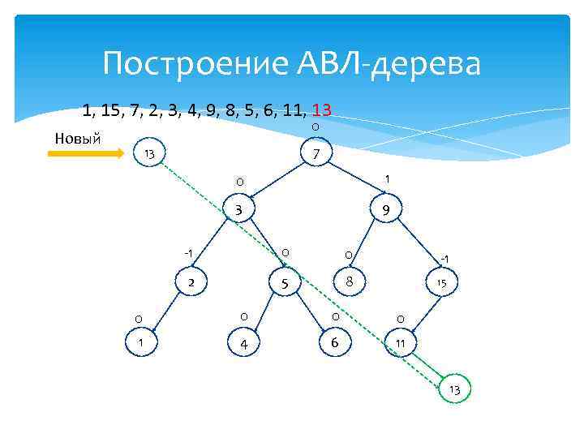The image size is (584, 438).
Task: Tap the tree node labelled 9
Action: point(386,211)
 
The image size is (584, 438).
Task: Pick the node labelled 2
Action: point(191,282)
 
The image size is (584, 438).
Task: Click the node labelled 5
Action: point(285,283)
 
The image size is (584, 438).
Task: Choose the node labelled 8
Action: point(348,282)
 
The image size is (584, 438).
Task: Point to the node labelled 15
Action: point(441,282)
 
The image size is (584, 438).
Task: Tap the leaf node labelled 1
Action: point(141,342)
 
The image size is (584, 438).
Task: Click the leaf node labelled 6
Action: point(333,343)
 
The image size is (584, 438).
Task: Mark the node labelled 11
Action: point(401,344)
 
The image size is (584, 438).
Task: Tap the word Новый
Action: point(77,136)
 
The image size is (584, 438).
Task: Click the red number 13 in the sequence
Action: point(320,109)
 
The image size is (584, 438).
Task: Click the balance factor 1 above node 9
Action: point(388,178)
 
